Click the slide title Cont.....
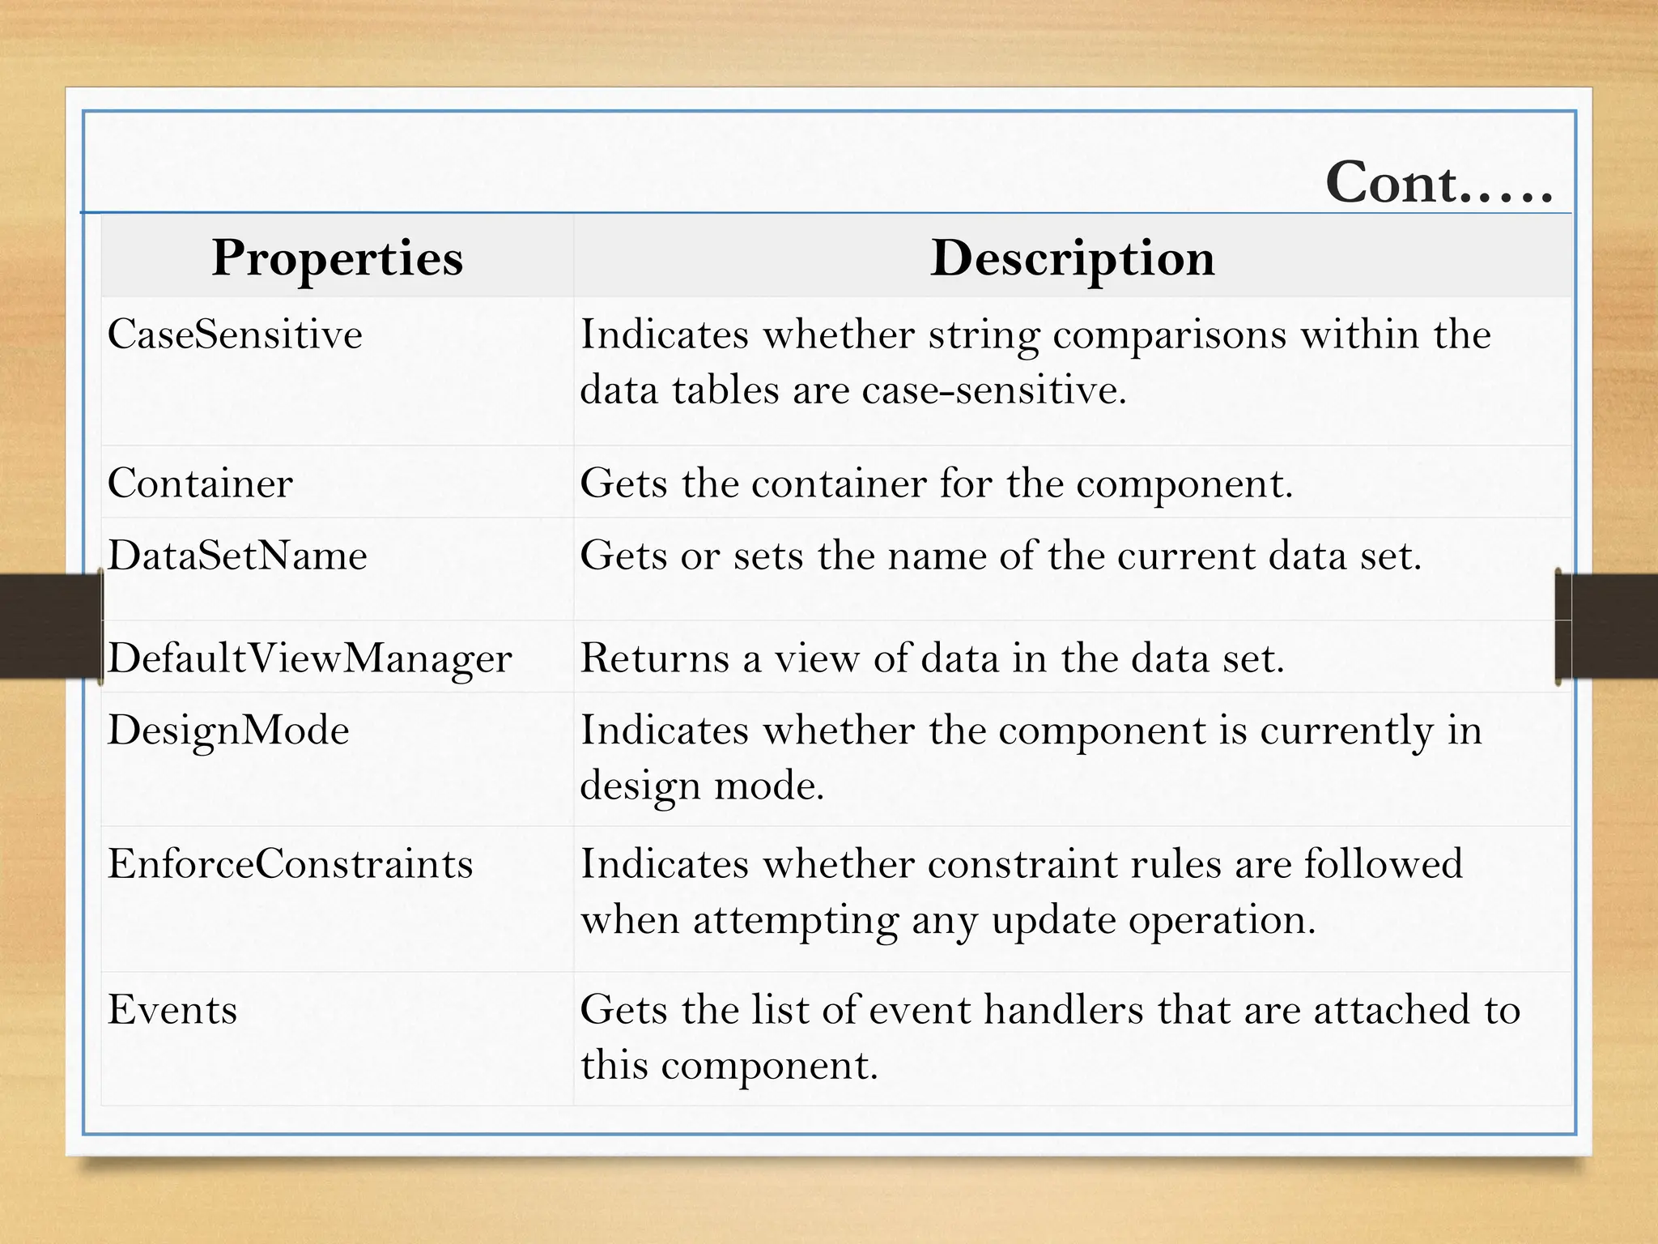pyautogui.click(x=1438, y=183)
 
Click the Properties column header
pyautogui.click(x=337, y=258)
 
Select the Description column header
pyautogui.click(x=1072, y=258)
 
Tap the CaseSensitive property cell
pyautogui.click(x=235, y=334)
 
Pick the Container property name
pyautogui.click(x=200, y=484)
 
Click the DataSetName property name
pyautogui.click(x=237, y=556)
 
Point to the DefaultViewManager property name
pyautogui.click(x=309, y=658)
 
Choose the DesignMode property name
pyautogui.click(x=228, y=731)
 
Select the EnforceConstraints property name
pyautogui.click(x=290, y=864)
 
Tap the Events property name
pyautogui.click(x=172, y=1010)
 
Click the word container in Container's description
pyautogui.click(x=838, y=484)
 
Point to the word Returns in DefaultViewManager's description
pyautogui.click(x=655, y=658)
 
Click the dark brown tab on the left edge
pyautogui.click(x=49, y=626)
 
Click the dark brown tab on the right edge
pyautogui.click(x=1607, y=626)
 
